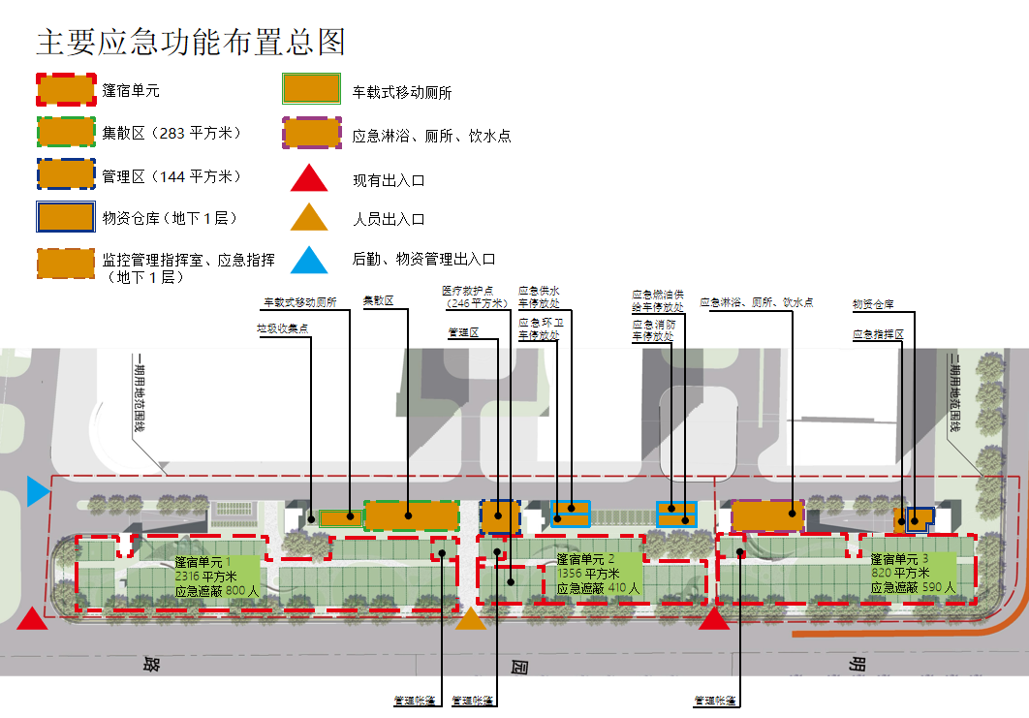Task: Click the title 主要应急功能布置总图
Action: click(191, 43)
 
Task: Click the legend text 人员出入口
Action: click(389, 220)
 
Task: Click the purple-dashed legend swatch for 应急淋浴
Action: click(312, 133)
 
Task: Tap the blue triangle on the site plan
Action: click(37, 491)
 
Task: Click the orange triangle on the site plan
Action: click(471, 618)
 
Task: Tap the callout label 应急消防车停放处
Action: click(654, 330)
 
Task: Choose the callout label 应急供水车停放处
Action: click(540, 297)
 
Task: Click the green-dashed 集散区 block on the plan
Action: click(411, 515)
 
